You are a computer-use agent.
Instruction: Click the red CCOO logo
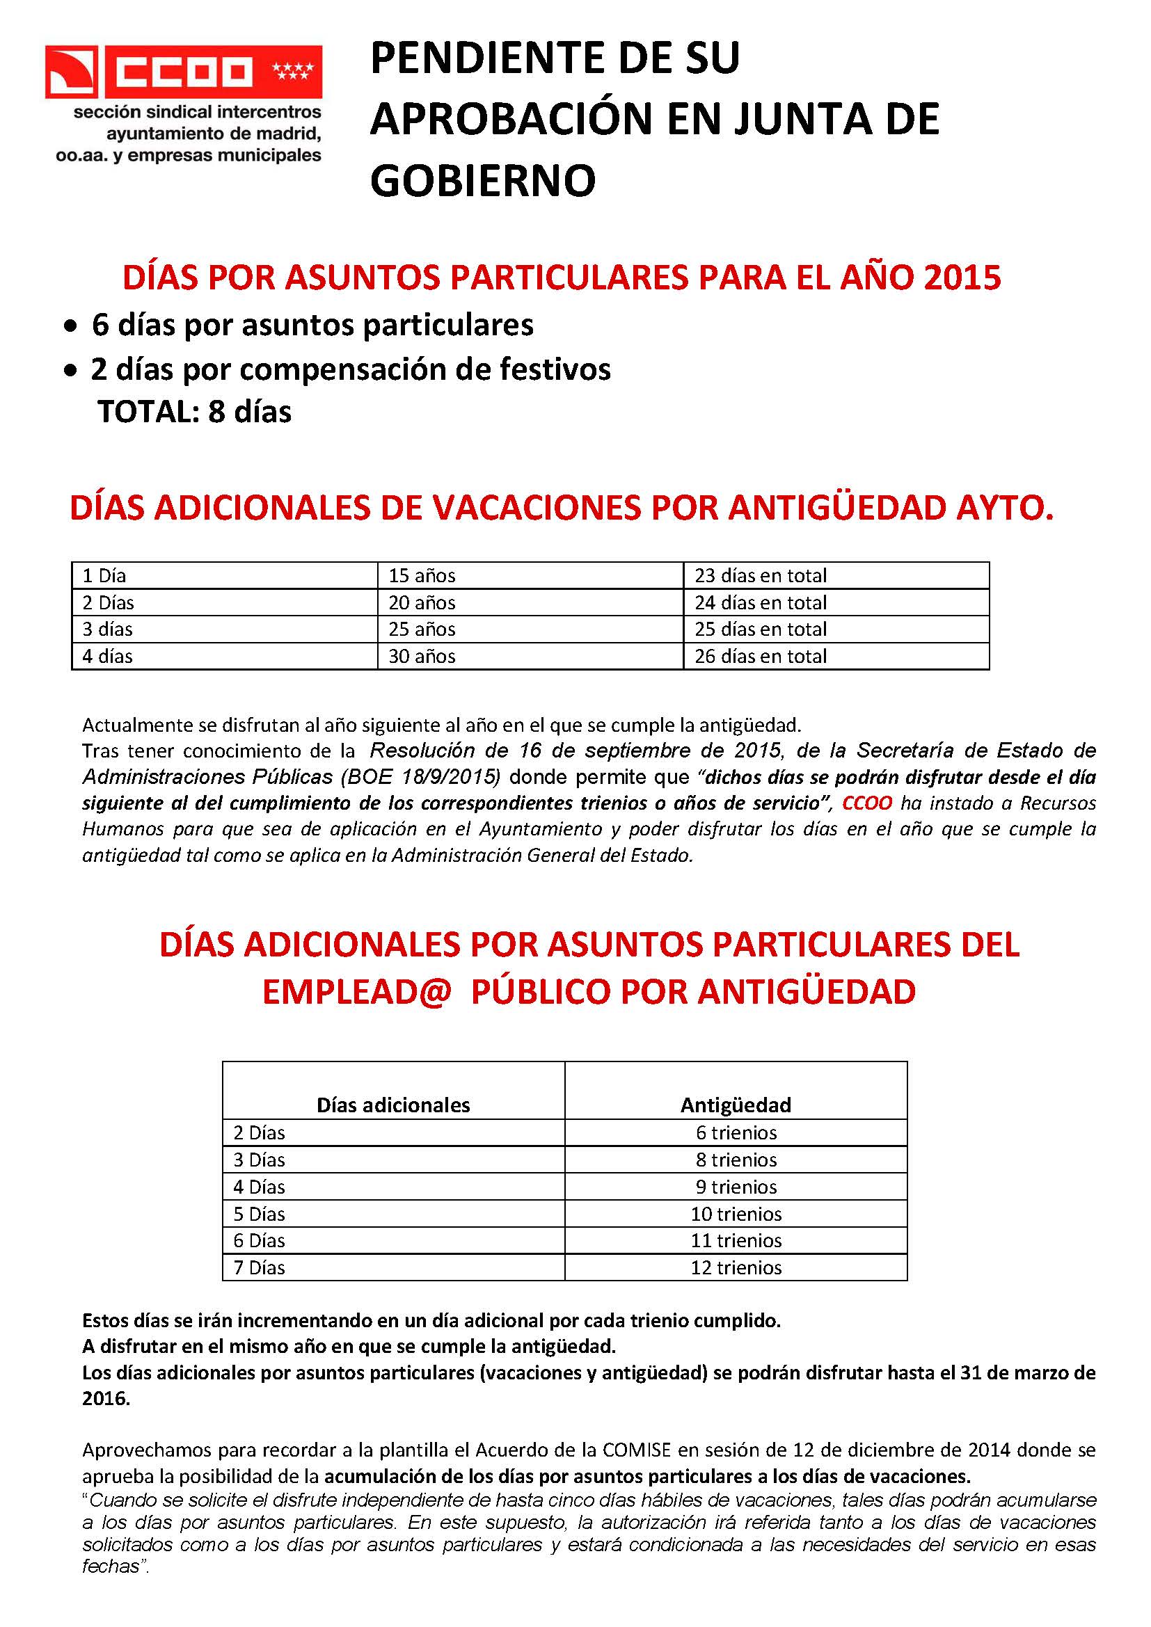184,72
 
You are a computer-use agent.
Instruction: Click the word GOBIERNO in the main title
483,180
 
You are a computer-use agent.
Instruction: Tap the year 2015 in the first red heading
962,277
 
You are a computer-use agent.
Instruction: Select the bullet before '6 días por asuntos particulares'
70,327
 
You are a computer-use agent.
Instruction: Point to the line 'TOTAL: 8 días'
194,412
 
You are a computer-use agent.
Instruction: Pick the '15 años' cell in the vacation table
422,575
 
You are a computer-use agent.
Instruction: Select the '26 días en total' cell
761,656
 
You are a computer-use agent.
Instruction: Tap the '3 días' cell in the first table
108,630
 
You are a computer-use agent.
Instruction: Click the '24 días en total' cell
761,602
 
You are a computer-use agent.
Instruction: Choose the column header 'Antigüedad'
736,1105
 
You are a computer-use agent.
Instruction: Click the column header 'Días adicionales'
393,1105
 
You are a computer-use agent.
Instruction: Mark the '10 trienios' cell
736,1214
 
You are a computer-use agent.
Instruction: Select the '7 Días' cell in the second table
260,1268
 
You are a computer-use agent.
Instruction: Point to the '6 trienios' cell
736,1132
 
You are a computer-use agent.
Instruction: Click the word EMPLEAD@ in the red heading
356,991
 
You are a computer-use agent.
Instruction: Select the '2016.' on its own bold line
106,1399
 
